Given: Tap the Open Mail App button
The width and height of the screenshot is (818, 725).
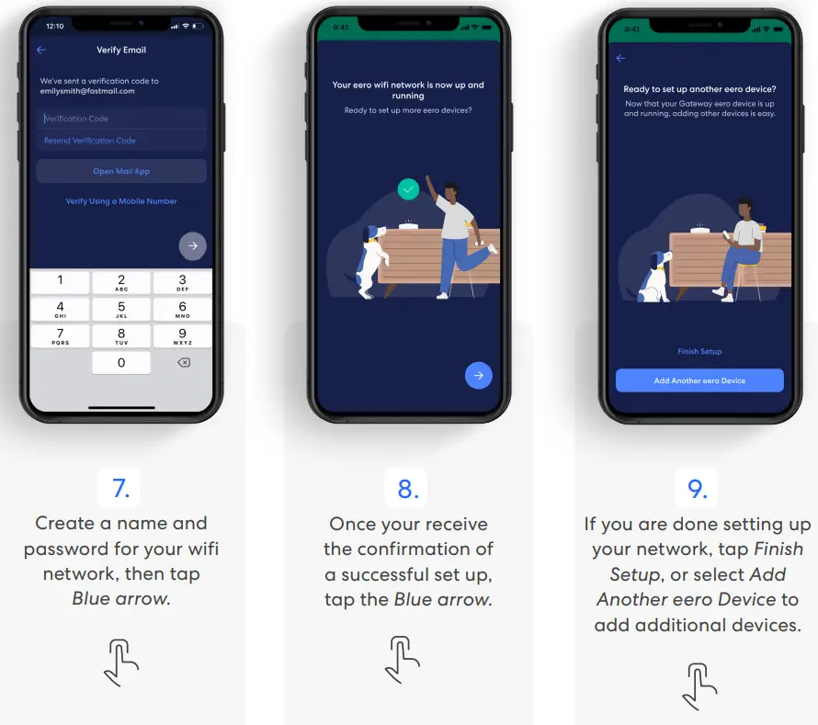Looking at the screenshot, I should tap(121, 171).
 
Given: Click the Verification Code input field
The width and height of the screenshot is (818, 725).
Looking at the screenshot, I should tap(121, 119).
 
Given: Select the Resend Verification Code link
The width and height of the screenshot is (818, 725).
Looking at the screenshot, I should tap(90, 141).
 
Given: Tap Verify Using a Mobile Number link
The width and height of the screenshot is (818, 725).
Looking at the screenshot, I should tap(121, 201).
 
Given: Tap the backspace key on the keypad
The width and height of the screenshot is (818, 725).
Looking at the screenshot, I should tap(183, 363).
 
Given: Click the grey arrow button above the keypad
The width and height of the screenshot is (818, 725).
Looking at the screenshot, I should tap(192, 245).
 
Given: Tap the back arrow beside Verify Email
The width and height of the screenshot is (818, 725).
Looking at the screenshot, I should tap(41, 51).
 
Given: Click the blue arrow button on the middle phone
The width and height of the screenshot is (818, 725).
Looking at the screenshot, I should tap(479, 375).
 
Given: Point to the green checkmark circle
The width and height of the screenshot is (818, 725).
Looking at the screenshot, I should tap(408, 189).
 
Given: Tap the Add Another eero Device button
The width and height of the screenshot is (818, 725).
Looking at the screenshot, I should tap(699, 380).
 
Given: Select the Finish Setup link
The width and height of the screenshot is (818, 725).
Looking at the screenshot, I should tap(699, 351).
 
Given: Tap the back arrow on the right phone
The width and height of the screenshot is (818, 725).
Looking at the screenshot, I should tap(620, 59).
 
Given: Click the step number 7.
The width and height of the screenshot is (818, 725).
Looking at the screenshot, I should tap(121, 488).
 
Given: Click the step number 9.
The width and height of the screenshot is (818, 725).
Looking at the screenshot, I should tap(698, 488).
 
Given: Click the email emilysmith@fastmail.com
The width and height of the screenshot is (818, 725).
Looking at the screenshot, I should tap(87, 91).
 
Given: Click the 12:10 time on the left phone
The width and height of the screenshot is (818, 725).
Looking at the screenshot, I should tap(55, 26).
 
